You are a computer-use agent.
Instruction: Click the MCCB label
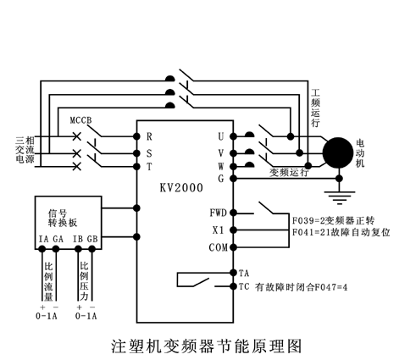pyautogui.click(x=80, y=120)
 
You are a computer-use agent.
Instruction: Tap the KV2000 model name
pyautogui.click(x=181, y=188)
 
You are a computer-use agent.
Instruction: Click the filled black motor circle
pyautogui.click(x=338, y=152)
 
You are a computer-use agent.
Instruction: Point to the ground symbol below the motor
pyautogui.click(x=340, y=197)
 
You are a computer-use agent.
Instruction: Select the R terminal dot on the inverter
pyautogui.click(x=136, y=136)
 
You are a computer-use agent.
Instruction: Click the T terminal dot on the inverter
pyautogui.click(x=136, y=167)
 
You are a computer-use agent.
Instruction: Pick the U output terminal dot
pyautogui.click(x=233, y=136)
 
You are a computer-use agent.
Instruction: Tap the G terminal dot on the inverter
pyautogui.click(x=233, y=179)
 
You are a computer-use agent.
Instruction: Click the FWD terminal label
pyautogui.click(x=219, y=213)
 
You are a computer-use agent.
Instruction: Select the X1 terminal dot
pyautogui.click(x=233, y=230)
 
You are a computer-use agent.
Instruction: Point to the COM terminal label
pyautogui.click(x=219, y=247)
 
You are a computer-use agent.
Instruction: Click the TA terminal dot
pyautogui.click(x=233, y=273)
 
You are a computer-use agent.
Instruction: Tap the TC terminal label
pyautogui.click(x=244, y=287)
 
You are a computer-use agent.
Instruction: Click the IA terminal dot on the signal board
pyautogui.click(x=42, y=249)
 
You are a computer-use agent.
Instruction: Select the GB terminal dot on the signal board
pyautogui.click(x=92, y=249)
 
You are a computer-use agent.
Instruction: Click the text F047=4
pyautogui.click(x=331, y=287)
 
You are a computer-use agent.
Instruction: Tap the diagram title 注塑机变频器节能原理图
pyautogui.click(x=207, y=346)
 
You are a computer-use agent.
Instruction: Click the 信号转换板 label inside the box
pyautogui.click(x=63, y=218)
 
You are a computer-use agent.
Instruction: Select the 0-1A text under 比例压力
pyautogui.click(x=86, y=316)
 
